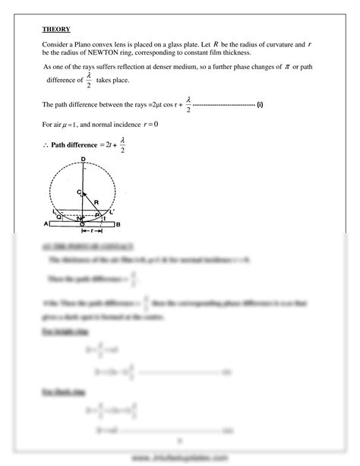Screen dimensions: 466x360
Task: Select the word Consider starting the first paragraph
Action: coord(58,46)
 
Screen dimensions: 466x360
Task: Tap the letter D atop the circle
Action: coord(82,160)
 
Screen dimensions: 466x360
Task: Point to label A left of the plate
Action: coord(46,224)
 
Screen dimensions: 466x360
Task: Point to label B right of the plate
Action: coord(118,224)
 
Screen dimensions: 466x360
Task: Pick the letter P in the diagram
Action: coord(99,216)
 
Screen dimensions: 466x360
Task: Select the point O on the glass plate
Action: coord(82,226)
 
